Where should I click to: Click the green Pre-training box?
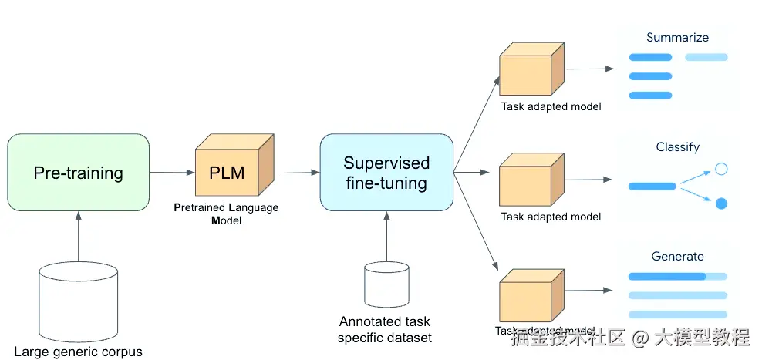click(78, 173)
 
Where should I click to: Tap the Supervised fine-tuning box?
click(386, 173)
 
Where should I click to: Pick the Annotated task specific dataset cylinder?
click(386, 284)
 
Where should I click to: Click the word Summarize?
click(677, 37)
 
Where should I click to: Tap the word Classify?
click(678, 146)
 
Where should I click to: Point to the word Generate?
click(677, 256)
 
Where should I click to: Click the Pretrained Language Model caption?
click(226, 214)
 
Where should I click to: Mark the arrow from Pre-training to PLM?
click(172, 172)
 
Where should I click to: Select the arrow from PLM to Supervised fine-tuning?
click(298, 173)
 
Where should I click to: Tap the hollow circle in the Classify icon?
click(721, 169)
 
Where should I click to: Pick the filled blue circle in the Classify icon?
click(721, 204)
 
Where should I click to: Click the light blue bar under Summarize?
click(706, 57)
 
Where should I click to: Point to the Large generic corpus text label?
click(78, 352)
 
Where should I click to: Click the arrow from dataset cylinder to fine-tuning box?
click(386, 236)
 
